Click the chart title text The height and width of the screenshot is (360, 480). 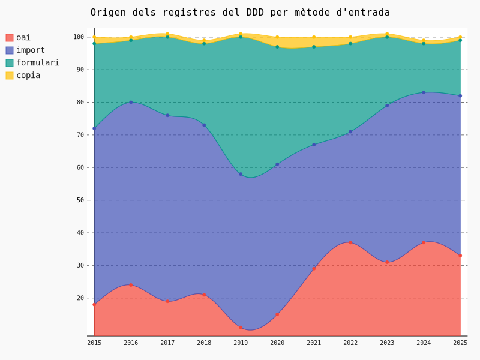click(x=240, y=13)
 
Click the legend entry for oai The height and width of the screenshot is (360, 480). click(x=23, y=38)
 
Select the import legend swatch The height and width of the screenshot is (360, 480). click(x=10, y=50)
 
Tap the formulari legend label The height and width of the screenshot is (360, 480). click(x=38, y=63)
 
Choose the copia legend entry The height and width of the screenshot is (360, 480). click(x=28, y=76)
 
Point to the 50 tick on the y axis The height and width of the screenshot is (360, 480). click(x=80, y=200)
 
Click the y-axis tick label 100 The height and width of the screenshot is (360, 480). click(x=79, y=37)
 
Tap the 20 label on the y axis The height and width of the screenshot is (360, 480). click(x=80, y=298)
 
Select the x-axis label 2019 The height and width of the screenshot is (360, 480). click(x=241, y=343)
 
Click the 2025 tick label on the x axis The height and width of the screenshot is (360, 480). click(x=460, y=343)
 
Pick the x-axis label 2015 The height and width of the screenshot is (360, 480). click(x=94, y=343)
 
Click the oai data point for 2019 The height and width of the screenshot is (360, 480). click(x=241, y=328)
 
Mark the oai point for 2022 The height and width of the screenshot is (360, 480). click(x=350, y=242)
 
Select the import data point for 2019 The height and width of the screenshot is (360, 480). click(x=241, y=174)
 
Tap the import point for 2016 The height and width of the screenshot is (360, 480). click(x=131, y=102)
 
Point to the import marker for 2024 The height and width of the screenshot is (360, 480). click(x=424, y=92)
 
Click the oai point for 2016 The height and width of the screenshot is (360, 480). click(x=131, y=285)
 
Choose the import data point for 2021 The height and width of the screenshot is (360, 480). click(x=314, y=145)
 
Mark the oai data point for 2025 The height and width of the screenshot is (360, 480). click(x=460, y=256)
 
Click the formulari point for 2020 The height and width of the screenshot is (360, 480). click(x=277, y=47)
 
